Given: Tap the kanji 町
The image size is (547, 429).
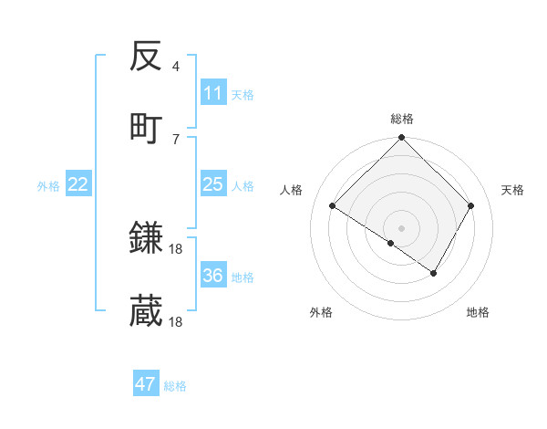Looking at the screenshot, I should click(x=146, y=128).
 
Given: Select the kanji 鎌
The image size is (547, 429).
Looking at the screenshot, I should click(x=146, y=238).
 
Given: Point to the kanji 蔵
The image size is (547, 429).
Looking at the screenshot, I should click(x=146, y=311).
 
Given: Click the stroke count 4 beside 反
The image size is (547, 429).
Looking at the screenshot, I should click(x=176, y=67).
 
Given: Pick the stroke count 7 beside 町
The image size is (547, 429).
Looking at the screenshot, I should click(x=176, y=139).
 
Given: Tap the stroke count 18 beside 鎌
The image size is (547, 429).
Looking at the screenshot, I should click(x=177, y=248).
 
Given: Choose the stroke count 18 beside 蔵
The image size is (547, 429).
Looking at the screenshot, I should click(x=177, y=321).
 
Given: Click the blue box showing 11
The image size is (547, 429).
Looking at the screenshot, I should click(x=213, y=93).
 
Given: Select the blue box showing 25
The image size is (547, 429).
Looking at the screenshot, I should click(x=213, y=184).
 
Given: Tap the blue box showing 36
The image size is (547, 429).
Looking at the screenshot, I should click(x=213, y=276).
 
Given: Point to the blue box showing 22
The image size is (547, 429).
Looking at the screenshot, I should click(x=78, y=184).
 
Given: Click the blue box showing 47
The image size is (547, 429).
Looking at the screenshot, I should click(x=146, y=384).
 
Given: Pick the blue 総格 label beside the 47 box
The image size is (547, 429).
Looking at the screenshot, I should click(x=175, y=386).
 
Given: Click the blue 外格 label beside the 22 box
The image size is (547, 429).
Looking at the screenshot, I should click(x=48, y=185).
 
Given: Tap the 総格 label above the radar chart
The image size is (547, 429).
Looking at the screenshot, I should click(x=401, y=119).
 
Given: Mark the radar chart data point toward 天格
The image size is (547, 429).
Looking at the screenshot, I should click(x=471, y=205).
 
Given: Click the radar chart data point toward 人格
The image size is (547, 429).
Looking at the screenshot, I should click(x=333, y=205).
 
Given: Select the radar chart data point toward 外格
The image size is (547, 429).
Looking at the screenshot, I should click(x=391, y=243).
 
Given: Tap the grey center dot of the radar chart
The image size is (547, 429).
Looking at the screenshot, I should click(x=401, y=227).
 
